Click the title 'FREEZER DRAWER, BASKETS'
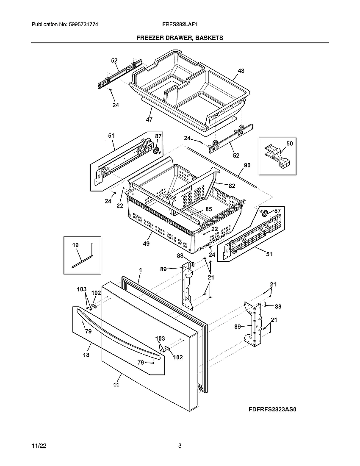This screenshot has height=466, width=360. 180,38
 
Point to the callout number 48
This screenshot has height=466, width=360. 241,71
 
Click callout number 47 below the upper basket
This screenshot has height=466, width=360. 149,119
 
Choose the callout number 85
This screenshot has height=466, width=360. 209,208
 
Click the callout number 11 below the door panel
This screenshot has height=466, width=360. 116,385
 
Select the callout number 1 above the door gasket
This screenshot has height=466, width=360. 140,269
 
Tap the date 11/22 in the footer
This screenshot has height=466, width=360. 38,446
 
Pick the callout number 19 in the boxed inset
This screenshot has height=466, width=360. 75,245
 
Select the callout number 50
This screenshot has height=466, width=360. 289,144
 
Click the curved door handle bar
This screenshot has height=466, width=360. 119,335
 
